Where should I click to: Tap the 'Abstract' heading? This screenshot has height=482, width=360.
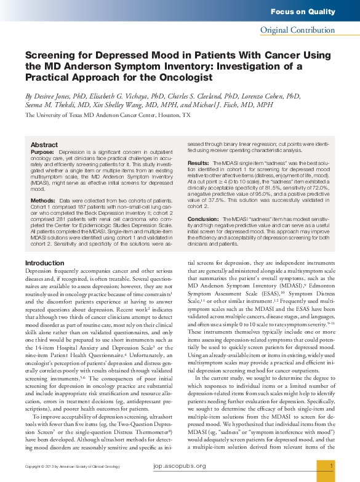coord(44,145)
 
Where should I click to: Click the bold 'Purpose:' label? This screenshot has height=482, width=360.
coord(42,151)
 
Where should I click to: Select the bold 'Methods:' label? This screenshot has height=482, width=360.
coord(43,201)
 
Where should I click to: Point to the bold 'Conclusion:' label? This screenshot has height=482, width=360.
coord(203,219)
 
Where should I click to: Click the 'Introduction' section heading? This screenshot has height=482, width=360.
coord(44,263)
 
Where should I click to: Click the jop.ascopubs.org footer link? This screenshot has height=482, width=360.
coord(180,467)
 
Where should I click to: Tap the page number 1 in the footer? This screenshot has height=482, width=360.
coord(332,466)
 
